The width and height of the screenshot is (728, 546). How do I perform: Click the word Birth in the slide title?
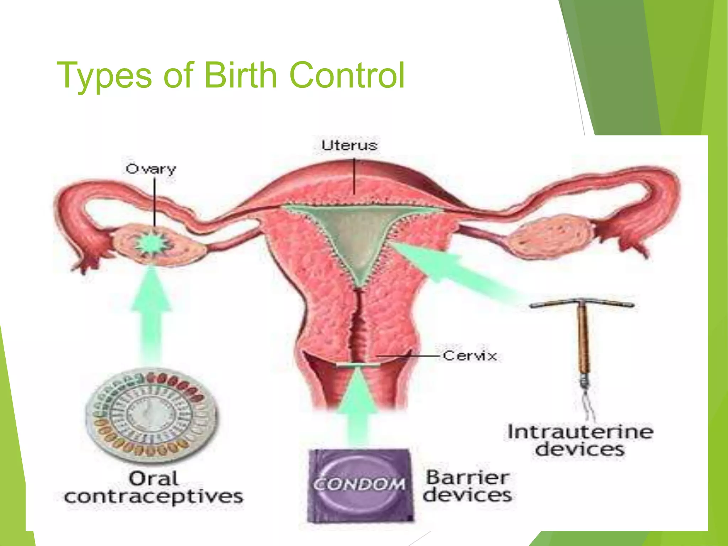point(240,75)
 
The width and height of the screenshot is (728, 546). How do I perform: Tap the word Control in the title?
point(347,75)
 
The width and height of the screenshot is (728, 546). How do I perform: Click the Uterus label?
point(349,145)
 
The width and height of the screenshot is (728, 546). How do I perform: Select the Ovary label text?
point(151,169)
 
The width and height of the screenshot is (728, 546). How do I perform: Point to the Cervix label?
point(470,355)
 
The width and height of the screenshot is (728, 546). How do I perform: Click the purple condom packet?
point(360,486)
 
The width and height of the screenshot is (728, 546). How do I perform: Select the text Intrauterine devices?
point(580,440)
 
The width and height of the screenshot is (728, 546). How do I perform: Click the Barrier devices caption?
point(467,486)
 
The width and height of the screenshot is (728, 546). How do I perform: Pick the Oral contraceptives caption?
point(154,488)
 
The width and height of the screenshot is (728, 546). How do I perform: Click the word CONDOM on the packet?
point(359,484)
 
